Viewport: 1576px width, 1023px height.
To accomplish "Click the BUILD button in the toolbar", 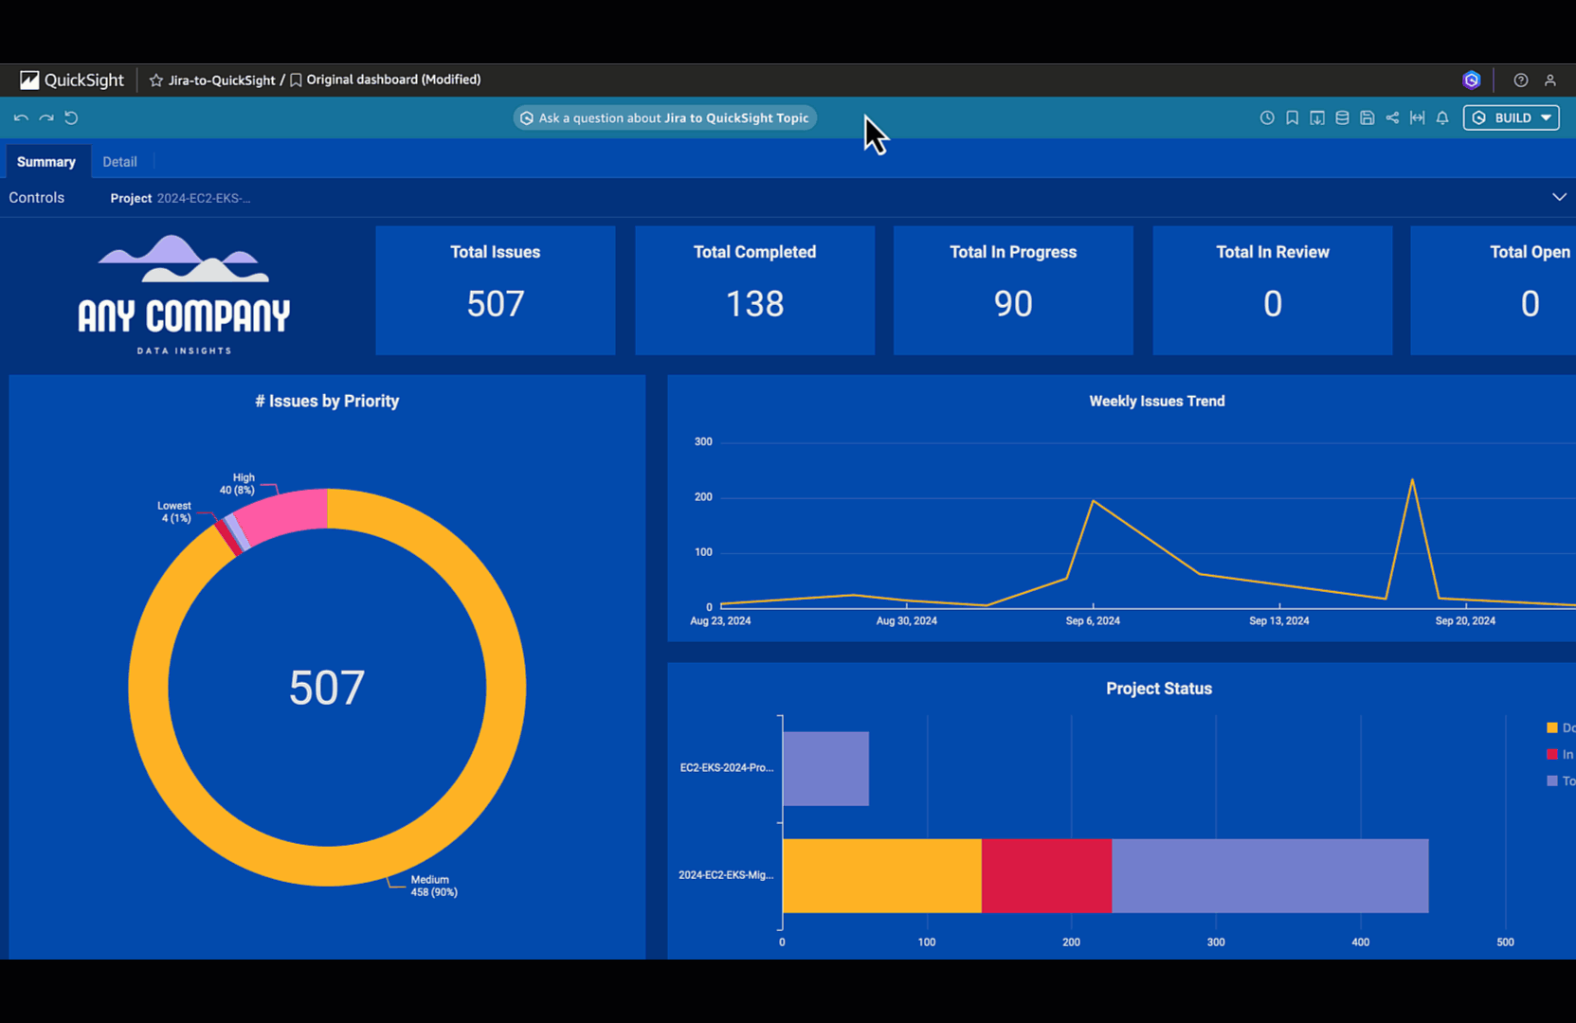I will click(1511, 117).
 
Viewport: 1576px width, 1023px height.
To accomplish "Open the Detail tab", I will click(119, 162).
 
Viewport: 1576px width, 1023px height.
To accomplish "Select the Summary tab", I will click(45, 162).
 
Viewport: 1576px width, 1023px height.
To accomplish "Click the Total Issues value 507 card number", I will click(495, 304).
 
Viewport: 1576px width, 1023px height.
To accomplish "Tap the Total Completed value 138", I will click(754, 304).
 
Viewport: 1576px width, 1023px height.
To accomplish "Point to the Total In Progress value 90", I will click(1012, 304).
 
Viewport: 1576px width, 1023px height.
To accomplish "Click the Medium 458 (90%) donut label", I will click(433, 886).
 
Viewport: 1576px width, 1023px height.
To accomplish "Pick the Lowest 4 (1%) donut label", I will click(174, 512).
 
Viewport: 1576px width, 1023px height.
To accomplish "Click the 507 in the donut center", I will click(326, 688).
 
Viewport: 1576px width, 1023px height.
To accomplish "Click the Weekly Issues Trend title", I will click(1156, 402).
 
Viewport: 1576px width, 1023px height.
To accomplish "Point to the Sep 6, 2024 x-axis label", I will click(1092, 621).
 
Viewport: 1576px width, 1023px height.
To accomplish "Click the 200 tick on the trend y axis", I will click(702, 497).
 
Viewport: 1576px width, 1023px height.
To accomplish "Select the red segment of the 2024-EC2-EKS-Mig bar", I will click(1046, 876).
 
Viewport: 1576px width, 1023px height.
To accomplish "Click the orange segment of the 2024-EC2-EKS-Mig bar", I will click(881, 876).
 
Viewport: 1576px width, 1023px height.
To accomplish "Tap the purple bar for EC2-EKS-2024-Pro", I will click(825, 768).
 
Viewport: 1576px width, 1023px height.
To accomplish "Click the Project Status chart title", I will click(1158, 689).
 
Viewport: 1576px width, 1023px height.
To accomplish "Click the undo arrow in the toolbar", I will click(21, 118).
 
